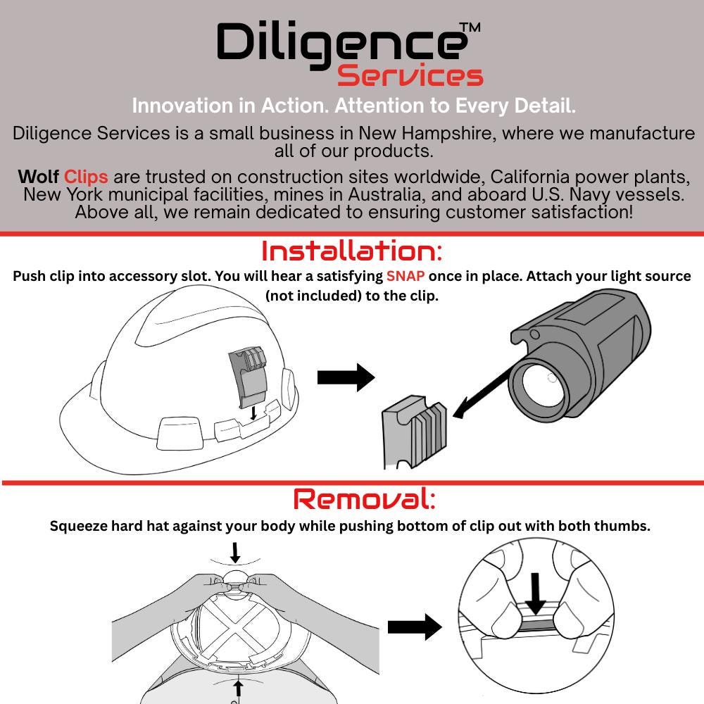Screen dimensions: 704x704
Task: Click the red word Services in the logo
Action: [410, 75]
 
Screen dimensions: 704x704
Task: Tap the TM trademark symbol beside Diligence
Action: [470, 28]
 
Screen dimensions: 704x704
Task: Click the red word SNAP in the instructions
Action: [406, 276]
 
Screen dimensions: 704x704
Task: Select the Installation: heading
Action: [351, 251]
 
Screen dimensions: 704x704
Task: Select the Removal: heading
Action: [364, 499]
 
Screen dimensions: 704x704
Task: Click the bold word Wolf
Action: [38, 177]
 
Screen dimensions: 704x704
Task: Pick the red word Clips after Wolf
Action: [86, 177]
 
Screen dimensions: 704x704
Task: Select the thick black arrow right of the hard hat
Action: [346, 377]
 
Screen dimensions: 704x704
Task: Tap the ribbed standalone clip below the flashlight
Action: [414, 431]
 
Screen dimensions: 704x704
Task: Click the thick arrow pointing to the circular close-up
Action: [415, 627]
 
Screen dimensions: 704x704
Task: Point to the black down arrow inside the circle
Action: [535, 593]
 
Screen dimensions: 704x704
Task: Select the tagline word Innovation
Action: [183, 106]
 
